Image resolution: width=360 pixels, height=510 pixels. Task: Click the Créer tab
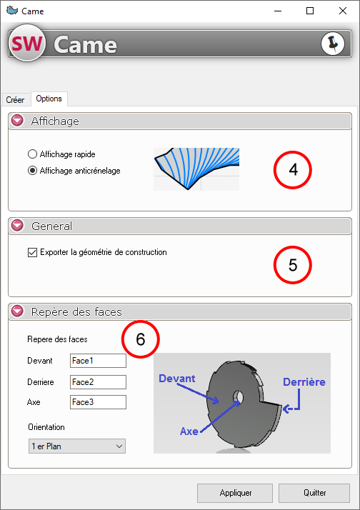pos(15,99)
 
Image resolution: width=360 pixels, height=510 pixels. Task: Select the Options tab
pos(49,99)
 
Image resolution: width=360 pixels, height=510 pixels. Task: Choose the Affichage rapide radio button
pos(33,154)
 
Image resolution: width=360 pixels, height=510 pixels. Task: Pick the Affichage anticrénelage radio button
pos(33,171)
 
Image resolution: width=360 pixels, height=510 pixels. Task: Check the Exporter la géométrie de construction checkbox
pos(33,252)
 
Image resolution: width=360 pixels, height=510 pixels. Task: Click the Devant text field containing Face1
pos(98,361)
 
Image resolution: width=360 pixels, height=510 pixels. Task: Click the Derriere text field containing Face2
pos(98,382)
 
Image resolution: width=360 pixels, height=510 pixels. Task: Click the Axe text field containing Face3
pos(98,402)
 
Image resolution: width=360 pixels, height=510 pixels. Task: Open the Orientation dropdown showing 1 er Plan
pos(76,446)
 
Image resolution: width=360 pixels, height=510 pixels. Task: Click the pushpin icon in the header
pos(333,44)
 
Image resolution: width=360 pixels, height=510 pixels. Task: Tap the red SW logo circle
pos(27,44)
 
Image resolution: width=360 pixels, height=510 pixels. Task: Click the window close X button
pos(342,11)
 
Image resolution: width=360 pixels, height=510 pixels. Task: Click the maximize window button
pos(310,11)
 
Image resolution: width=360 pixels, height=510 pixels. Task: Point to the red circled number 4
pos(293,170)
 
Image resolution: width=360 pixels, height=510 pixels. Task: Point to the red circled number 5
pos(293,265)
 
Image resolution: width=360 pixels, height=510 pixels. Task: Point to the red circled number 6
pos(141,339)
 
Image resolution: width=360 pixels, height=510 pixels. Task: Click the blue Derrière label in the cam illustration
pos(304,382)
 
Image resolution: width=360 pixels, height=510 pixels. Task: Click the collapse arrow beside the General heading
pos(17,226)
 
